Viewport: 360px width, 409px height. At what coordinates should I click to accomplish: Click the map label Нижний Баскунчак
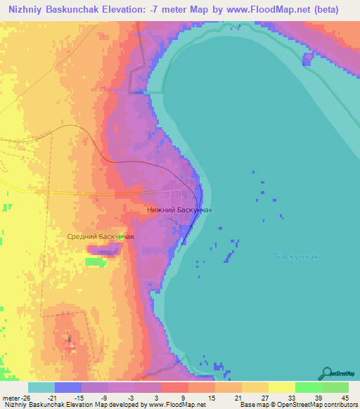click(x=179, y=209)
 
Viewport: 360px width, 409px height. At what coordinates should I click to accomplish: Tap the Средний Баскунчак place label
click(x=100, y=237)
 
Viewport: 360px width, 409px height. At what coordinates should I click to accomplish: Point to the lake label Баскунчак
click(x=297, y=257)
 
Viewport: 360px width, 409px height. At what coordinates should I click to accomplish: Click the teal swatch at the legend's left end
click(x=41, y=388)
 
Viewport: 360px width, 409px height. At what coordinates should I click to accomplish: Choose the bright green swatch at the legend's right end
click(x=335, y=388)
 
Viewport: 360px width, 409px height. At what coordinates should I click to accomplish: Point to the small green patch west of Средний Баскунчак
click(x=94, y=261)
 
